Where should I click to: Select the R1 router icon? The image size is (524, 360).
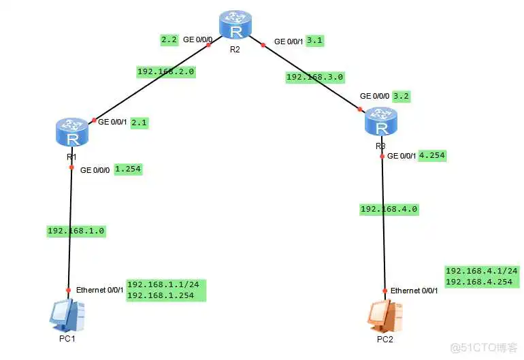[71, 132]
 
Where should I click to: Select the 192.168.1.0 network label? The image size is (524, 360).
[76, 231]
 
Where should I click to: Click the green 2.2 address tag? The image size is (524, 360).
[169, 40]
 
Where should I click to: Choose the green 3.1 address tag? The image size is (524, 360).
[315, 40]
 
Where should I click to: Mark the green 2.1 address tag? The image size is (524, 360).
[139, 123]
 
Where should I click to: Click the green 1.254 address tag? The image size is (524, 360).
[128, 169]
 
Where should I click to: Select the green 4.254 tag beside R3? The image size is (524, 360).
[433, 154]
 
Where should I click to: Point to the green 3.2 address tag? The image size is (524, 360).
[404, 96]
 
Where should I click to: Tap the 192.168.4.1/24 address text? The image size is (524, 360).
[481, 270]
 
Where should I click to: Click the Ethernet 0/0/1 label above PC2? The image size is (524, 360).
[414, 291]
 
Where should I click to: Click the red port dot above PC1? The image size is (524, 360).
[69, 288]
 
